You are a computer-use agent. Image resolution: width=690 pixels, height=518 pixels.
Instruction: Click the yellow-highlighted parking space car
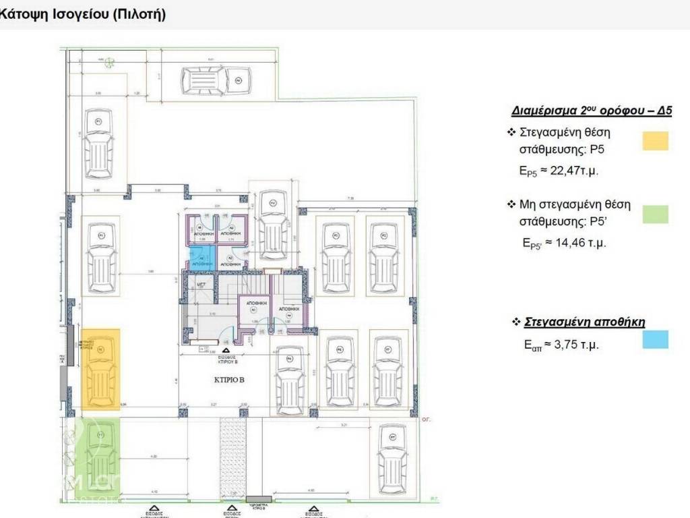point(100,370)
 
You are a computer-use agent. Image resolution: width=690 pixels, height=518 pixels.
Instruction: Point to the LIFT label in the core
point(201,285)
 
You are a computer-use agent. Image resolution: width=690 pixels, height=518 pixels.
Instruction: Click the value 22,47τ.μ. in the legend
point(574,171)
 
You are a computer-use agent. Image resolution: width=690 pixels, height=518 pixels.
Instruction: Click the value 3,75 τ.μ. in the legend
point(576,345)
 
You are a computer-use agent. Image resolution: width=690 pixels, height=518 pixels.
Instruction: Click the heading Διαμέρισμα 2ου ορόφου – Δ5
point(591,111)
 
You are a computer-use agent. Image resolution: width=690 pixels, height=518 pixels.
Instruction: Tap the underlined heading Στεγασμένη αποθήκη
point(584,322)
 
